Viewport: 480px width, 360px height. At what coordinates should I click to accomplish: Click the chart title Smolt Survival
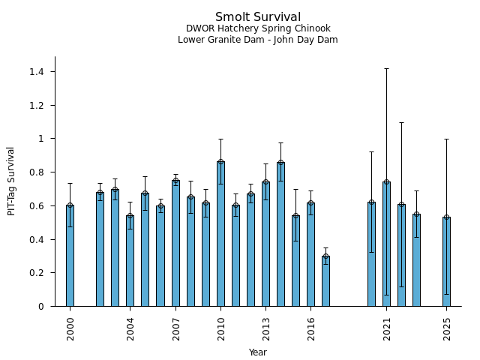pyautogui.click(x=258, y=17)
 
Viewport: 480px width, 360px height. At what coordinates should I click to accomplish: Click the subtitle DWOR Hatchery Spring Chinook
pyautogui.click(x=258, y=28)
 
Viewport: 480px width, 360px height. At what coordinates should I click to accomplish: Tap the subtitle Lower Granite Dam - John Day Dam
pyautogui.click(x=258, y=40)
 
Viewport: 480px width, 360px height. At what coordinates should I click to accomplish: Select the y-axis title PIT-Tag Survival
pyautogui.click(x=11, y=181)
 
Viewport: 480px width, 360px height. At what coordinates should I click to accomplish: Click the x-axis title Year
pyautogui.click(x=258, y=352)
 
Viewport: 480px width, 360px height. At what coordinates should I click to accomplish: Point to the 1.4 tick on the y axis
pyautogui.click(x=37, y=72)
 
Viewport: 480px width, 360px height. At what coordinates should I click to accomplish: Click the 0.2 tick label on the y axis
pyautogui.click(x=37, y=273)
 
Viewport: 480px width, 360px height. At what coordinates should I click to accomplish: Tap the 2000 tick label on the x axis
pyautogui.click(x=70, y=328)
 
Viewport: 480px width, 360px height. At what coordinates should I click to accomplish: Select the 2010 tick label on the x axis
pyautogui.click(x=220, y=328)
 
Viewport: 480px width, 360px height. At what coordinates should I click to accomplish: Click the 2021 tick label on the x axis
pyautogui.click(x=386, y=328)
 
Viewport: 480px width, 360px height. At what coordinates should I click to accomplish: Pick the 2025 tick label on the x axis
pyautogui.click(x=446, y=328)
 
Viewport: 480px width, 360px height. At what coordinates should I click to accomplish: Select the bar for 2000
pyautogui.click(x=70, y=255)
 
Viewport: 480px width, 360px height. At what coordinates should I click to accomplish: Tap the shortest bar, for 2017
pyautogui.click(x=325, y=281)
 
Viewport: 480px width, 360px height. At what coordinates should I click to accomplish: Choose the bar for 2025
pyautogui.click(x=446, y=262)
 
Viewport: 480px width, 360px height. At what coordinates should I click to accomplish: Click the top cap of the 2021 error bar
pyautogui.click(x=386, y=68)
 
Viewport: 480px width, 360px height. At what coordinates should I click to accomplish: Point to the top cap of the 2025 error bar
pyautogui.click(x=446, y=139)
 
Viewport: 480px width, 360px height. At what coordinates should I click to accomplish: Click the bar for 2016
pyautogui.click(x=310, y=254)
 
